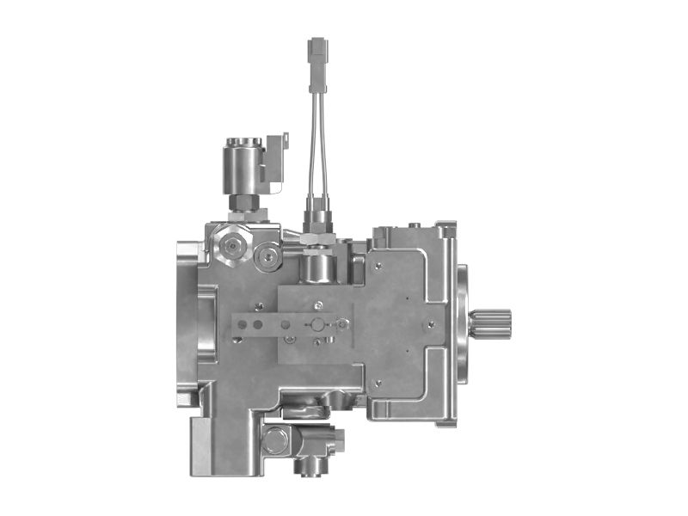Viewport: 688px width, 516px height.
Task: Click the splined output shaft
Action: [494, 326]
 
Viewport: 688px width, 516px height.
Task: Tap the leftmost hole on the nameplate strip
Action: [243, 325]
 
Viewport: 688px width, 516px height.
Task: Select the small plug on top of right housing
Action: [416, 225]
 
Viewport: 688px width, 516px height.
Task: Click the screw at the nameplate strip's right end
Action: [344, 324]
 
